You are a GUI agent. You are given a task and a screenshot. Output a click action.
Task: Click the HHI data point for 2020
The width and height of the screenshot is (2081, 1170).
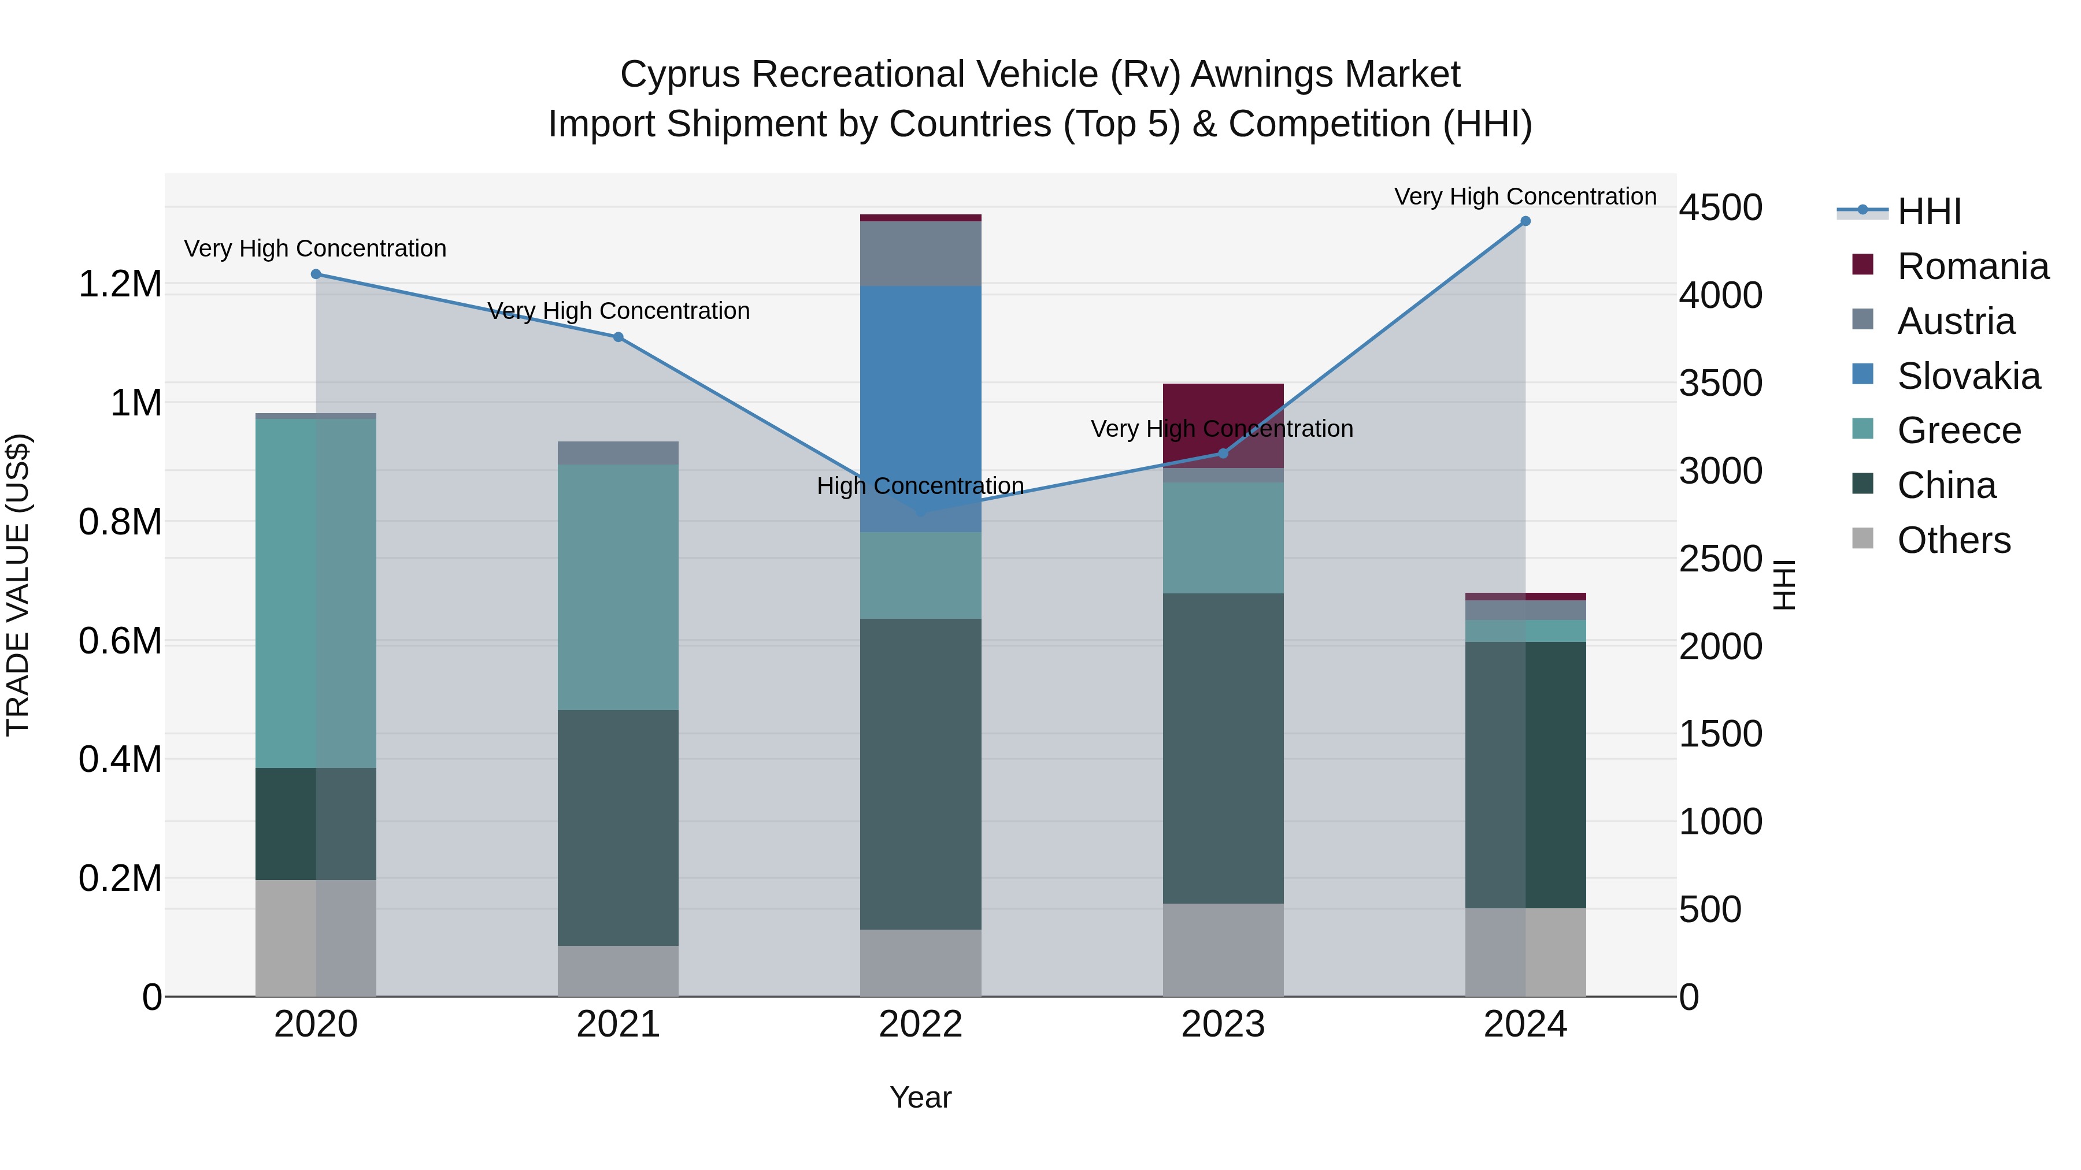tap(316, 274)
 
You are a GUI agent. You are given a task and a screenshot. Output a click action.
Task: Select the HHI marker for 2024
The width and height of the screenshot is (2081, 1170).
tap(1525, 221)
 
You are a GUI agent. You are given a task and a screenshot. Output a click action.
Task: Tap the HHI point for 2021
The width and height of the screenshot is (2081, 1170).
tap(618, 337)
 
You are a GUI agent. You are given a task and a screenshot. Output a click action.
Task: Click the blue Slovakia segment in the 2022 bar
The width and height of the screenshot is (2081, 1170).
tap(920, 404)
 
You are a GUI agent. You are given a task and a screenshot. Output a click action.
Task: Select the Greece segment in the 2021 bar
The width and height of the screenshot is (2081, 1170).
tap(618, 586)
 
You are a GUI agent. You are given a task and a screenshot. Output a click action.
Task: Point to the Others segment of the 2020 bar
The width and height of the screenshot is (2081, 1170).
tap(316, 937)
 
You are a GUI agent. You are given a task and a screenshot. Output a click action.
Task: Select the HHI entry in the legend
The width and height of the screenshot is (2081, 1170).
tap(1928, 211)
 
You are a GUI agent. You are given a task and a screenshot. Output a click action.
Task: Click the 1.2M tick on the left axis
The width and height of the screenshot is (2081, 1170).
tap(120, 284)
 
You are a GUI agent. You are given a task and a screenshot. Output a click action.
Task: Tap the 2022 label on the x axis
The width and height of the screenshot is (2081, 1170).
tap(920, 1024)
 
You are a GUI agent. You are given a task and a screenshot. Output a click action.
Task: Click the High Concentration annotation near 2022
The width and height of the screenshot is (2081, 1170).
tap(920, 486)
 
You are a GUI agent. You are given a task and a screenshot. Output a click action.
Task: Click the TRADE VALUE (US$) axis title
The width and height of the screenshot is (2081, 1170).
tap(18, 585)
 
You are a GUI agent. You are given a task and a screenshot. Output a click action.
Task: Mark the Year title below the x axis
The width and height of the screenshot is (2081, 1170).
tap(920, 1097)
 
